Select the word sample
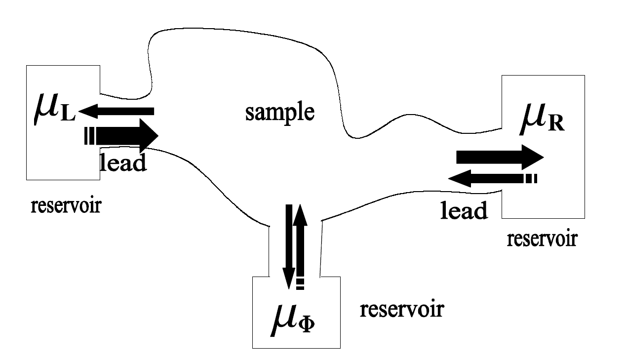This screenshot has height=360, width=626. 279,113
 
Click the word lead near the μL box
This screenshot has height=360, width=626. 123,162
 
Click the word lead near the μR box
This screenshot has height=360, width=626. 464,210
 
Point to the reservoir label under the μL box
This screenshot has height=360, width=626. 66,205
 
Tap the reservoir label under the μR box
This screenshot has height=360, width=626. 542,239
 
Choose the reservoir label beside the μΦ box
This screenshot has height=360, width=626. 401,310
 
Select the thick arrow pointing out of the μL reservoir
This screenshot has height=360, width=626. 123,135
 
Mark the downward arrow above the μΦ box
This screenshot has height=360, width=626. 288,247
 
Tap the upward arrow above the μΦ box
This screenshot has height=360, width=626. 300,242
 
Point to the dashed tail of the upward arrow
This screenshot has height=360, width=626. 300,283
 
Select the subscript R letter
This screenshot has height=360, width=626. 557,124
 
